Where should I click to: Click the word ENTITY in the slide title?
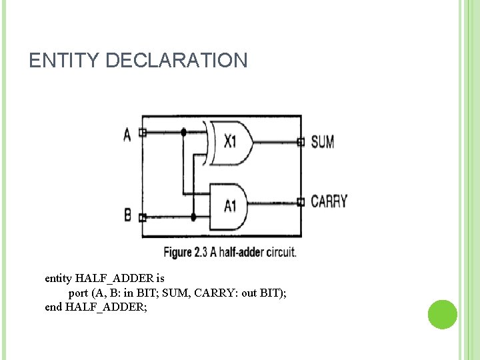65,61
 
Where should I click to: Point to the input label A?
127,134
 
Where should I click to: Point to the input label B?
128,215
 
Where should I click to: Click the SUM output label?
323,141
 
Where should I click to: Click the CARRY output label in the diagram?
329,201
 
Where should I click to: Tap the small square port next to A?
142,133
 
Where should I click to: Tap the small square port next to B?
142,217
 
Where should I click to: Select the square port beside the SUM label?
301,141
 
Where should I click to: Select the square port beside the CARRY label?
301,201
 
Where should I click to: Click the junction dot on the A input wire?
183,133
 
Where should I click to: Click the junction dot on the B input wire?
193,217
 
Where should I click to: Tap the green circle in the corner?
442,314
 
